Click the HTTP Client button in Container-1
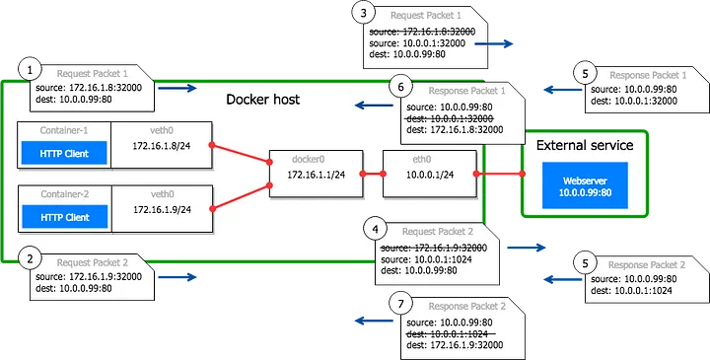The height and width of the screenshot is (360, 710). pos(63,154)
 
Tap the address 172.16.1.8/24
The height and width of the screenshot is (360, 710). pos(161,145)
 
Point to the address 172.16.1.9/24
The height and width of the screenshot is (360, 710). pos(161,208)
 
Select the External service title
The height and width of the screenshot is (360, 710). pos(584,145)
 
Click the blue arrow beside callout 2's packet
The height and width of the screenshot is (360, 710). pos(178,277)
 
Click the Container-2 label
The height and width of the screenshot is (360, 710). pos(63,192)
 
